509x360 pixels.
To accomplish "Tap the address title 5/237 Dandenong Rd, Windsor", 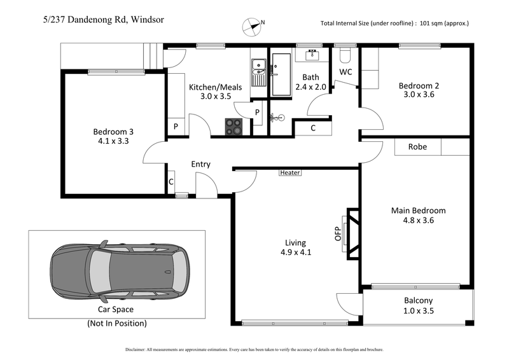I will tap(100, 20).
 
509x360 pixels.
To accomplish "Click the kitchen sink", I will tap(260, 72).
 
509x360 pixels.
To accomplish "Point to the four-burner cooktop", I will tap(234, 126).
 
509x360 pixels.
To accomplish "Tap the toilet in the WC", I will tap(346, 53).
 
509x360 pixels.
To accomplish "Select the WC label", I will tap(345, 72).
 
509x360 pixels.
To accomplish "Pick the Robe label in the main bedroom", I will tap(417, 147).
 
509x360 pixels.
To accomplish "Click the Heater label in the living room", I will tap(289, 172).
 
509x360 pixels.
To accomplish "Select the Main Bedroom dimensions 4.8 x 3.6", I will tap(418, 221).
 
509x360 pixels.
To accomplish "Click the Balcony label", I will tap(418, 301).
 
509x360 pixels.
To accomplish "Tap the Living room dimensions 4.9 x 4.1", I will tap(295, 253).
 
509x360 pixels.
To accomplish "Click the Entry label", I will tap(200, 165).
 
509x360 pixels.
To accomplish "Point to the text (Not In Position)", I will tap(117, 323).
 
